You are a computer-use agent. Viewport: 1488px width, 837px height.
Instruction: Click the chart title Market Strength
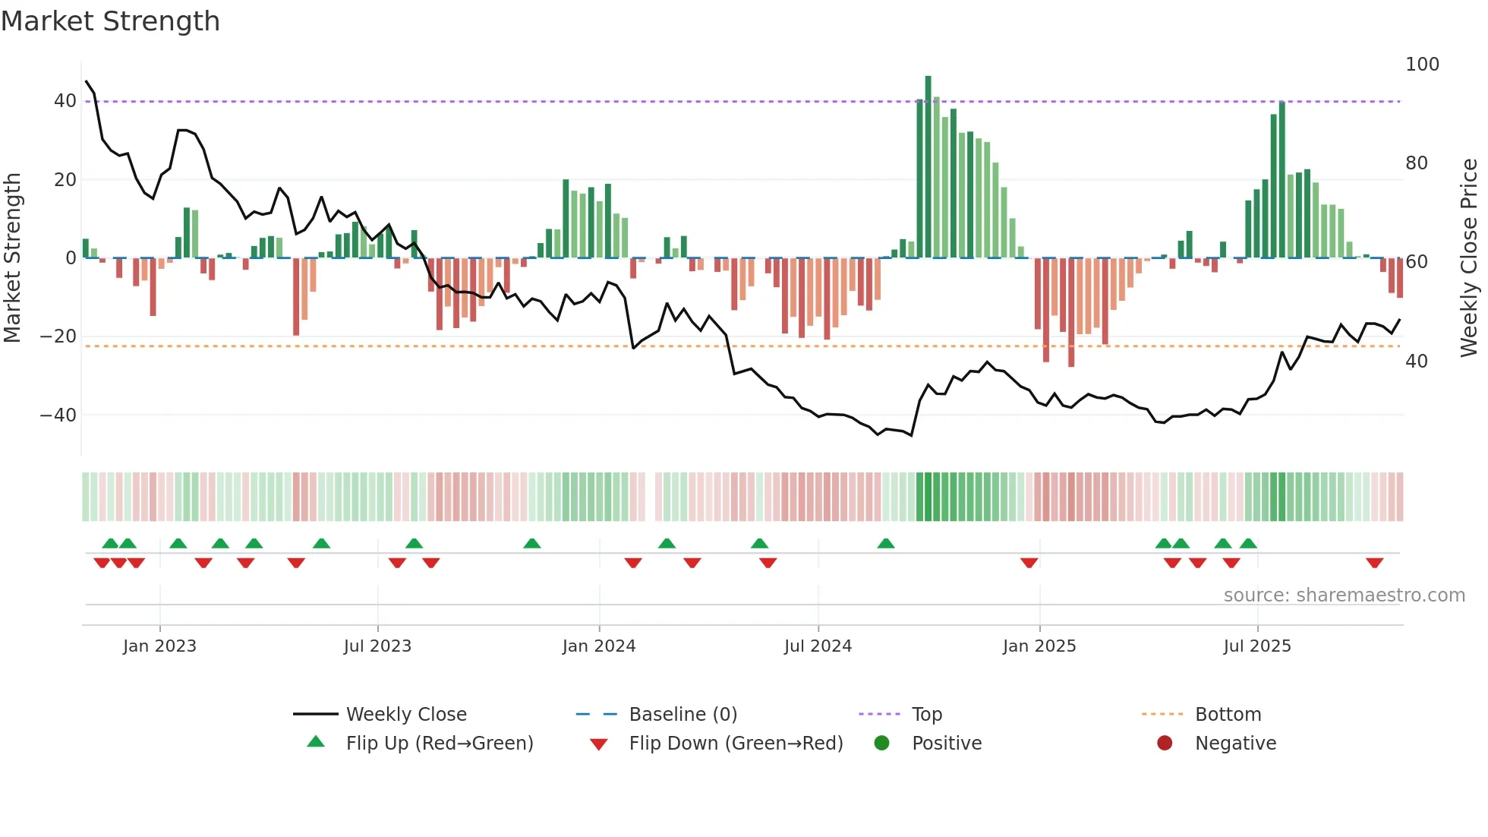(x=110, y=21)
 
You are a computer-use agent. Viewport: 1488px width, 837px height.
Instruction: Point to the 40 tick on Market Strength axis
(x=65, y=101)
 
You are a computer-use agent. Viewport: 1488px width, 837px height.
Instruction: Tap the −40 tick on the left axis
(x=59, y=415)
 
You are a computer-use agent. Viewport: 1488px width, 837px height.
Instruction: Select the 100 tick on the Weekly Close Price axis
(x=1422, y=65)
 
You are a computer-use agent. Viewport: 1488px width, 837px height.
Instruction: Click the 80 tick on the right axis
(x=1417, y=163)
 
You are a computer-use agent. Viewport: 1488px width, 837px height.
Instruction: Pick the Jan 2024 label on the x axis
(x=599, y=646)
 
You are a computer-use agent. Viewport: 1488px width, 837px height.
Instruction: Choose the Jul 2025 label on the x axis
(x=1257, y=646)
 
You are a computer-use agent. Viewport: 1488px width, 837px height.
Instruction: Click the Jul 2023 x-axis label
(x=377, y=646)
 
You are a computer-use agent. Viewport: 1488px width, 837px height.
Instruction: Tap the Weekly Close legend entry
(x=406, y=715)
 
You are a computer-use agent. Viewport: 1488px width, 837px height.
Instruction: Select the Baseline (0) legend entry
(x=683, y=715)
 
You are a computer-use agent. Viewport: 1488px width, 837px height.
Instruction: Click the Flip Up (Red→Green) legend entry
(x=440, y=744)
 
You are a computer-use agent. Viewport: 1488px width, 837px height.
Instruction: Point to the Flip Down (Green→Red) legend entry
(x=736, y=744)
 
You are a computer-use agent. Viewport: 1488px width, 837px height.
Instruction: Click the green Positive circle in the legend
(x=881, y=744)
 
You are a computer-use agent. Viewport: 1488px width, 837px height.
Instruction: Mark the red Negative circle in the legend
(x=1165, y=744)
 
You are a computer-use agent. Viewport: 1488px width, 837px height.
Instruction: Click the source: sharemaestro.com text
(x=1344, y=595)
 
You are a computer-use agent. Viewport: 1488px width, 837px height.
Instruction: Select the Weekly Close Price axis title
(x=1469, y=258)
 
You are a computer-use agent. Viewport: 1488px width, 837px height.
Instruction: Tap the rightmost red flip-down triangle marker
(x=1374, y=563)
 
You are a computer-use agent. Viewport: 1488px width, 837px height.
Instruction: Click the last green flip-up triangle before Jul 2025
(x=1248, y=543)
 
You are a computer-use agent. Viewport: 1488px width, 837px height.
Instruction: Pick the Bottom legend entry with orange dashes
(x=1228, y=715)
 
